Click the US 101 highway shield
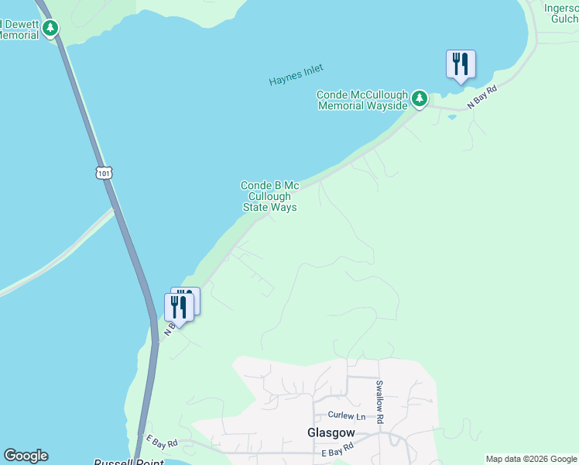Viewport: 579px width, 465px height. pyautogui.click(x=104, y=173)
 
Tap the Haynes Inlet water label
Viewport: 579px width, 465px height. pyautogui.click(x=296, y=74)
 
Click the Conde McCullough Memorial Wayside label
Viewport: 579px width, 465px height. pyautogui.click(x=362, y=100)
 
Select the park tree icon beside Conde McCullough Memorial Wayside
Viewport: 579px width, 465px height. pyautogui.click(x=419, y=98)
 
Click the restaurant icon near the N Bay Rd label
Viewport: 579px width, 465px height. pyautogui.click(x=461, y=64)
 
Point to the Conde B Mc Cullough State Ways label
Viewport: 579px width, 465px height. pyautogui.click(x=269, y=196)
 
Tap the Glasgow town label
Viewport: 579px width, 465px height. pyautogui.click(x=331, y=432)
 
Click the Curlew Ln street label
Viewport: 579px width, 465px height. pyautogui.click(x=345, y=415)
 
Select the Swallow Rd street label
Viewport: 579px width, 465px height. pyautogui.click(x=379, y=401)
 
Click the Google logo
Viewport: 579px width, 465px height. pyautogui.click(x=26, y=456)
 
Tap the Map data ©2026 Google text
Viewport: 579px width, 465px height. pyautogui.click(x=531, y=459)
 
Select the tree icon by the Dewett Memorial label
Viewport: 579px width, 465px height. pyautogui.click(x=50, y=29)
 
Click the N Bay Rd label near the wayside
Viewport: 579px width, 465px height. pyautogui.click(x=481, y=98)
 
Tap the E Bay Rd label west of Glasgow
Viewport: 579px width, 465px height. pyautogui.click(x=161, y=442)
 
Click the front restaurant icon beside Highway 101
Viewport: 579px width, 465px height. pyautogui.click(x=179, y=307)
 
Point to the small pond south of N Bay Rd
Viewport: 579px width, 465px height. pyautogui.click(x=451, y=118)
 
